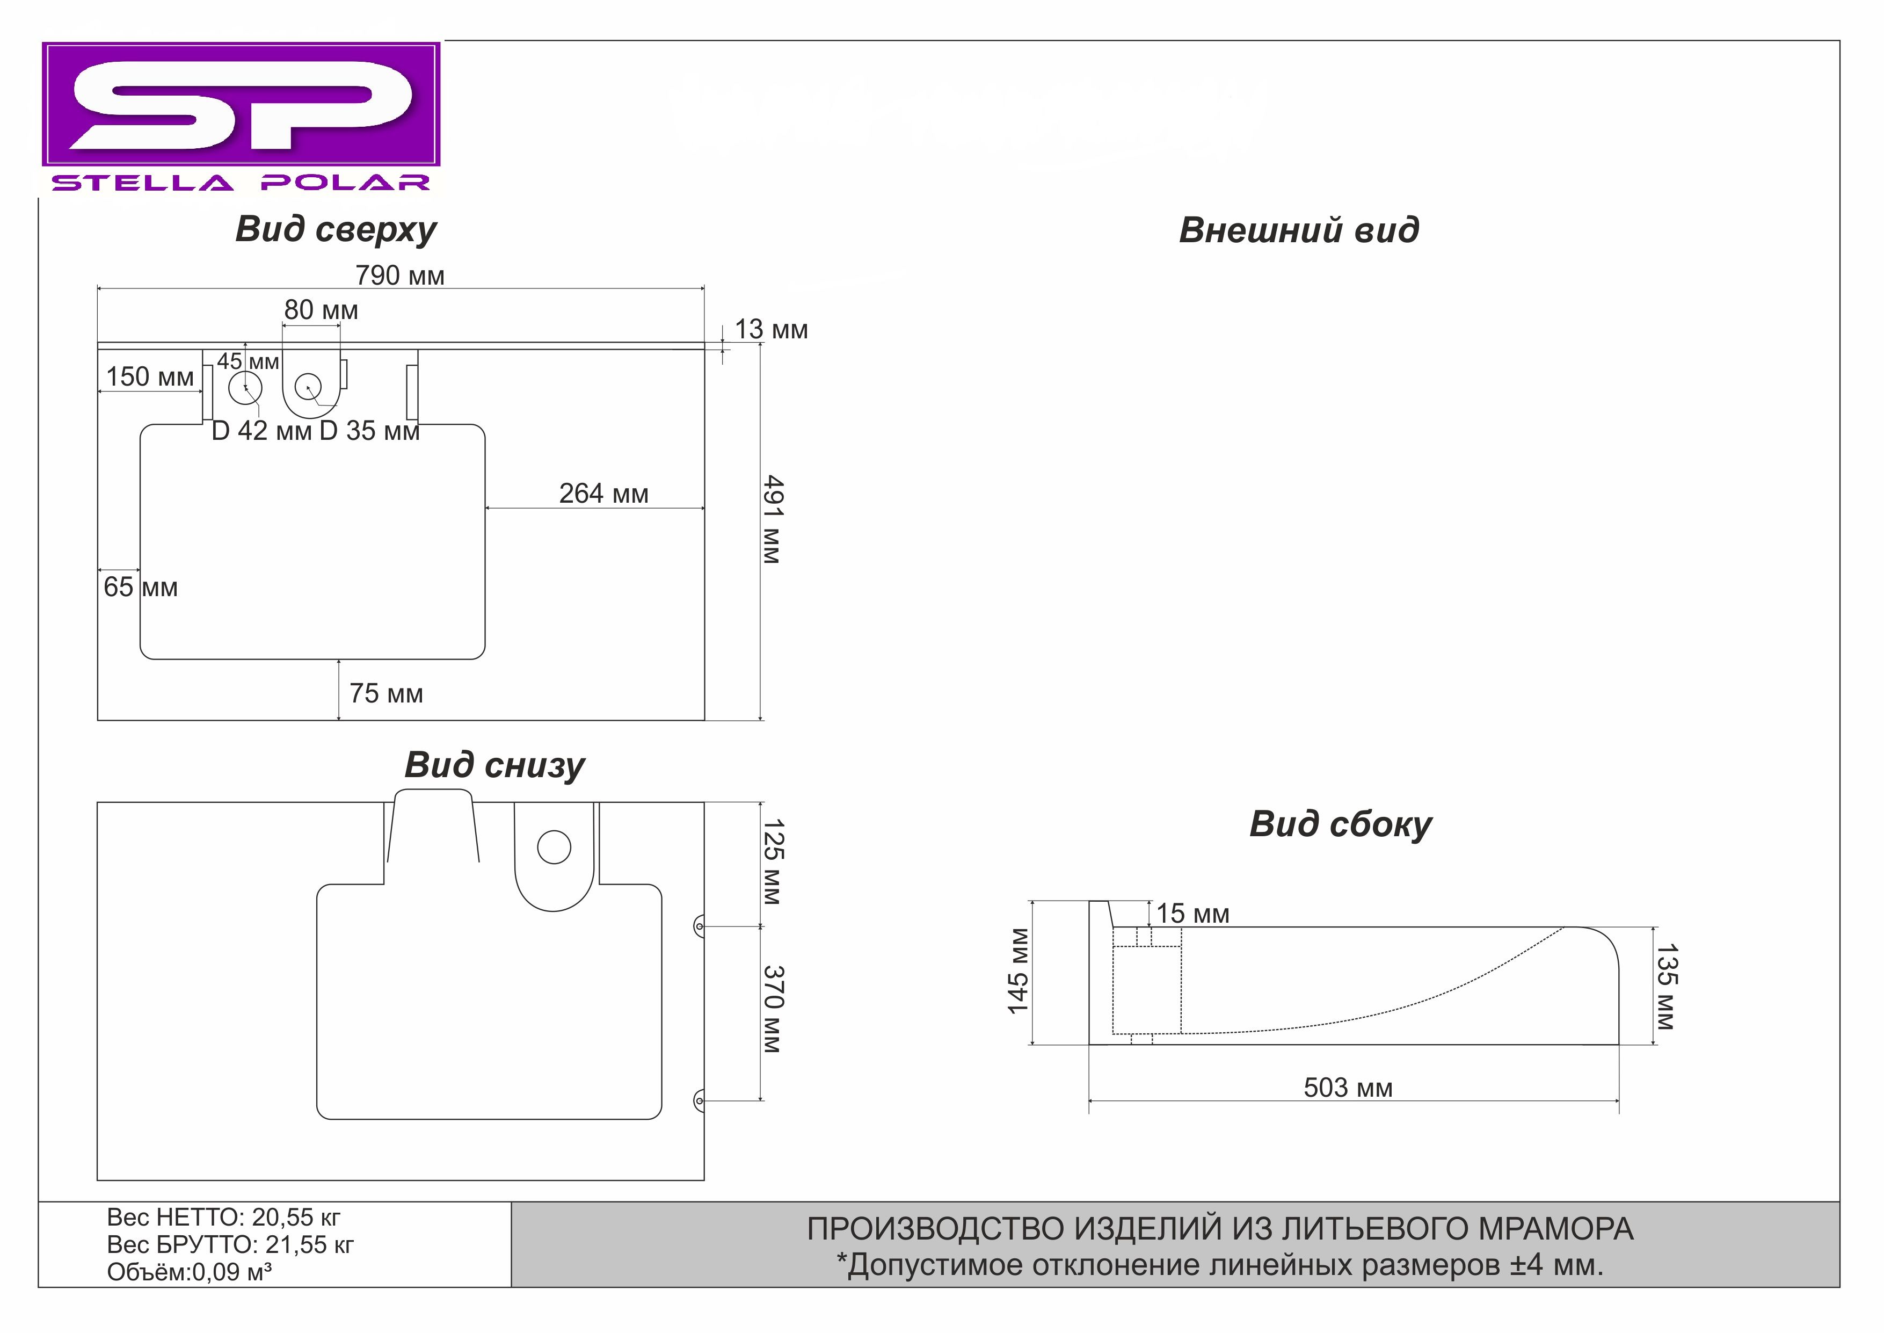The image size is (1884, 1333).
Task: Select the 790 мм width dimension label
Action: (399, 276)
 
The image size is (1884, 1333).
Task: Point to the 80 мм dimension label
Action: (321, 310)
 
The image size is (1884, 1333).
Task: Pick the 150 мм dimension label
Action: (150, 377)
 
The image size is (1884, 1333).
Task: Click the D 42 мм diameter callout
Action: (261, 431)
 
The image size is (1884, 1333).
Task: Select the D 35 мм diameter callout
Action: (369, 431)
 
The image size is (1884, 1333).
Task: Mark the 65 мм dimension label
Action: (140, 588)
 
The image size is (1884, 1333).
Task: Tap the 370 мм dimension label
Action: (773, 1010)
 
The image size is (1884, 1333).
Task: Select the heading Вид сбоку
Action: (1340, 824)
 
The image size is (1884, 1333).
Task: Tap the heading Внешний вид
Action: (1298, 230)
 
